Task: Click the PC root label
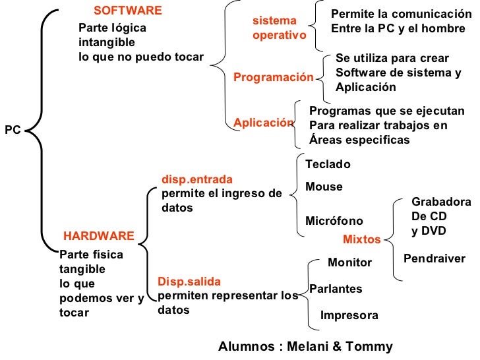(13, 130)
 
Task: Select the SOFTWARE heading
(127, 11)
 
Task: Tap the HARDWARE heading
(98, 236)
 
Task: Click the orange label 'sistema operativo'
(279, 28)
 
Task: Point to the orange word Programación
(274, 78)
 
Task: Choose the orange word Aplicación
(263, 123)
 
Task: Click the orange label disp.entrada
(197, 179)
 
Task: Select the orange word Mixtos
(361, 240)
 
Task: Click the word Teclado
(328, 164)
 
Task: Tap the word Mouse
(324, 187)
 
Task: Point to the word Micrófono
(334, 221)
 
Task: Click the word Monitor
(349, 262)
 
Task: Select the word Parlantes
(336, 289)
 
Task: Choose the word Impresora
(349, 315)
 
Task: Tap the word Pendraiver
(434, 258)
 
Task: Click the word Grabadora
(440, 202)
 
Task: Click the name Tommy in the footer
(372, 347)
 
